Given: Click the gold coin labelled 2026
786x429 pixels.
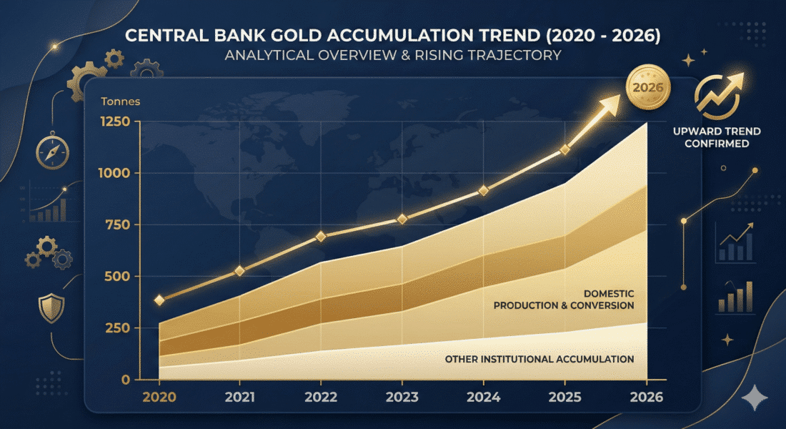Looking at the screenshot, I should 648,89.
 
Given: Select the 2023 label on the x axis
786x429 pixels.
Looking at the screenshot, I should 402,397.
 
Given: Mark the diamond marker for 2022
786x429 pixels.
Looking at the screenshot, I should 321,236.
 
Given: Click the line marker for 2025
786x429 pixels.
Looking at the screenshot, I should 564,149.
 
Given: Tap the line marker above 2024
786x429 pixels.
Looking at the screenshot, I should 483,191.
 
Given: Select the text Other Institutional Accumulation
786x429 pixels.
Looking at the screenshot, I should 539,359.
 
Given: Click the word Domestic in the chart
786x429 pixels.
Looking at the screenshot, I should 610,293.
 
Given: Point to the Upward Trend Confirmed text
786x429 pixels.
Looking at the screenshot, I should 717,137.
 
